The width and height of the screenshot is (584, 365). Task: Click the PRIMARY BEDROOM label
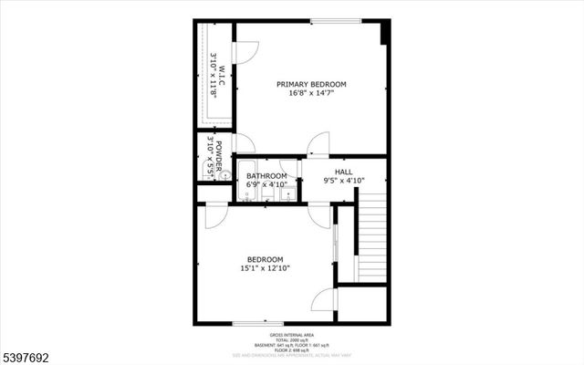point(311,84)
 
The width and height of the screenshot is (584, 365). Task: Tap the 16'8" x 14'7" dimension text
point(311,93)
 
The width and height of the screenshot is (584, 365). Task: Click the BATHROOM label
point(266,176)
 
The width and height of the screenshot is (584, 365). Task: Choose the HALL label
point(343,172)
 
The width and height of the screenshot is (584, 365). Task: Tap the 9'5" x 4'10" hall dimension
point(343,181)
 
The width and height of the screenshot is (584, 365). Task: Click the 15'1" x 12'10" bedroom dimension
point(265,268)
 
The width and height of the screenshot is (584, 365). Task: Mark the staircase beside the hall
point(372,243)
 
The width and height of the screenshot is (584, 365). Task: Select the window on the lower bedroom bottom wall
point(256,323)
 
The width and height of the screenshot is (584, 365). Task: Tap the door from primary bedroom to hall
point(318,144)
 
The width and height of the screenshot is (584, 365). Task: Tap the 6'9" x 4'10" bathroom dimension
point(266,184)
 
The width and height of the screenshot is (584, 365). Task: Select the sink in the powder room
point(204,172)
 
